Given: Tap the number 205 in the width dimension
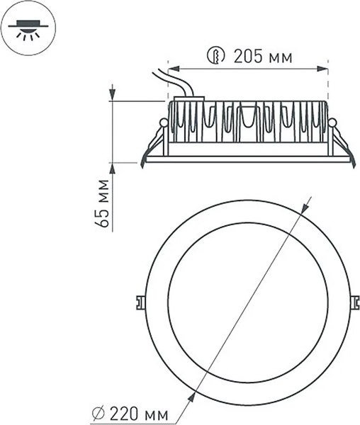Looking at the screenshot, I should coord(247,57).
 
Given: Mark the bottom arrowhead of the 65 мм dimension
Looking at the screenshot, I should coord(113,168).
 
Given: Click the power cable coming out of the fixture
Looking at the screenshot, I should coord(177,81).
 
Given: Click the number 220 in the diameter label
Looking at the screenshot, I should coord(135,411).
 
